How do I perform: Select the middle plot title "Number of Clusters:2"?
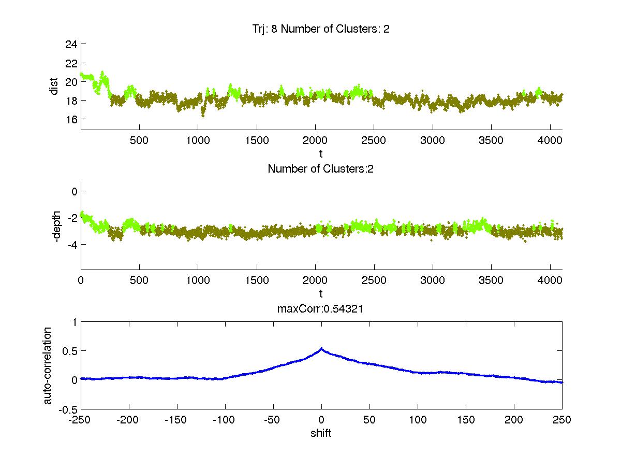(x=321, y=168)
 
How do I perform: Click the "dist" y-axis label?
(x=54, y=87)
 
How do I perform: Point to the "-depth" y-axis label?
(x=57, y=226)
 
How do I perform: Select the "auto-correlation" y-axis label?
(x=48, y=365)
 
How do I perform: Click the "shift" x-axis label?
(x=321, y=433)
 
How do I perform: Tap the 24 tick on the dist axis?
(x=71, y=45)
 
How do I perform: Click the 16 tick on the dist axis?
(x=71, y=119)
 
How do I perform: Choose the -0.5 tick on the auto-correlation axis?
(x=67, y=409)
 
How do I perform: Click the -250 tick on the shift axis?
(x=81, y=420)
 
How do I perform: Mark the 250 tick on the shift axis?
(x=562, y=420)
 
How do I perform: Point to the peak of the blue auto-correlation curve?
(x=321, y=349)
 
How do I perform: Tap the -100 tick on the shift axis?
(x=225, y=420)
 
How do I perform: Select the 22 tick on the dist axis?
(x=71, y=63)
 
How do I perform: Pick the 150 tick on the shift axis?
(x=466, y=420)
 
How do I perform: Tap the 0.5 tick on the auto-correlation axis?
(x=69, y=351)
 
